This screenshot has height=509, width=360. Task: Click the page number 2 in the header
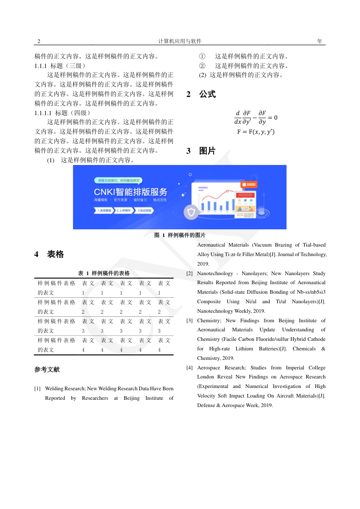[39, 41]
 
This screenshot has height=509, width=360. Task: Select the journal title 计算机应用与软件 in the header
[180, 41]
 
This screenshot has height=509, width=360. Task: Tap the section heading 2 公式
[201, 95]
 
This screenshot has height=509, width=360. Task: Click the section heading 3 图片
[201, 151]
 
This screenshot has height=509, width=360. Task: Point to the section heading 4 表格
[49, 254]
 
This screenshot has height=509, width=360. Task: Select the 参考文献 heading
[47, 369]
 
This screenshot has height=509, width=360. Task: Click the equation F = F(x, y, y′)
[256, 132]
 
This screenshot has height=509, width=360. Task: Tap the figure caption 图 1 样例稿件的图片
[180, 235]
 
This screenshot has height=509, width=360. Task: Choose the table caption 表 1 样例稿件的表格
[104, 273]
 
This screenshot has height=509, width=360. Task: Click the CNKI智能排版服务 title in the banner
[130, 191]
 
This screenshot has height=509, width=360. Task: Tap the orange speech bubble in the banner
[249, 184]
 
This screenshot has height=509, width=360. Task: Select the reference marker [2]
[190, 274]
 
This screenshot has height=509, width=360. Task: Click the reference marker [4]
[190, 368]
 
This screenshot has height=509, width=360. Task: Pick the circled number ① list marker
[202, 57]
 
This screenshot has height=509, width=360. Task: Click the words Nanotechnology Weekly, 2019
[231, 311]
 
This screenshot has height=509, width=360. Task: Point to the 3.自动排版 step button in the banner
[143, 211]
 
